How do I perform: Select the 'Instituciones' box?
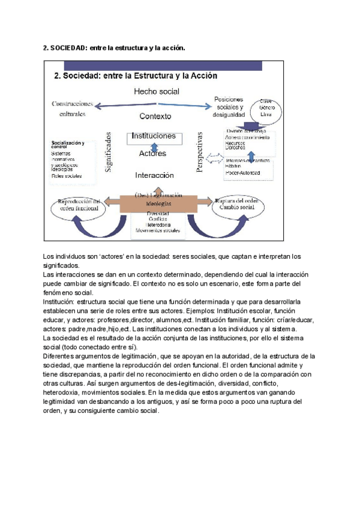coord(154,136)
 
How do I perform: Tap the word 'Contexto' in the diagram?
coord(155,116)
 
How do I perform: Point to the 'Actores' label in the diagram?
coord(152,154)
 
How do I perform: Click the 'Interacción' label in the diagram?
coord(154,175)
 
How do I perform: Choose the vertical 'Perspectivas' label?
coord(200,154)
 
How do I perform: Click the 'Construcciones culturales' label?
coord(77,108)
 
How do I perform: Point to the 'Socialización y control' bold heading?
coord(68,145)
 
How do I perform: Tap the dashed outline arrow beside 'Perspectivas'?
coord(214,160)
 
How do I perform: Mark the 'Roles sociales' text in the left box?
coord(67,176)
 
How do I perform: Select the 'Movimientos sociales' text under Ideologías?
coord(157,230)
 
